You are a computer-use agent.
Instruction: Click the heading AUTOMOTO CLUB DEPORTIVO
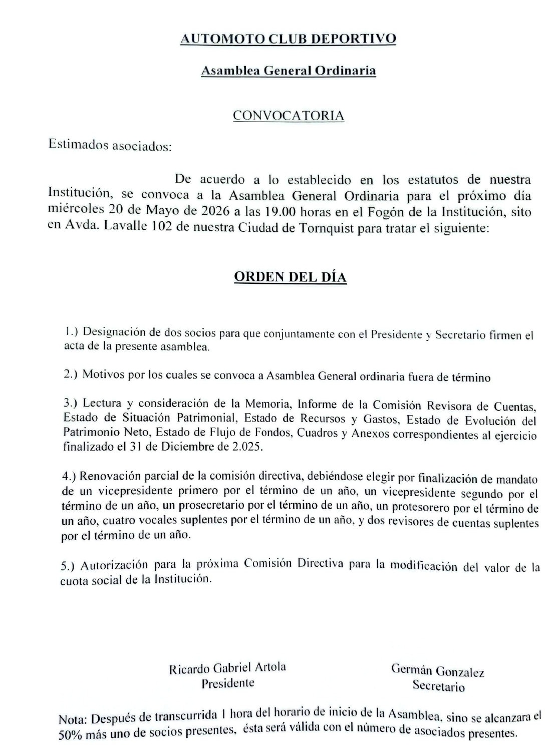click(x=288, y=39)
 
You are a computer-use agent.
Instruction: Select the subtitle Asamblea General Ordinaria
click(x=288, y=71)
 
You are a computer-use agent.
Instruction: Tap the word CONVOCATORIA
click(x=289, y=116)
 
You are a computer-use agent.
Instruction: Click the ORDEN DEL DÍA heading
click(x=291, y=277)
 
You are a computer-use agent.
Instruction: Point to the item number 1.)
click(x=73, y=331)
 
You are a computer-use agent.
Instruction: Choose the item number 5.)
click(x=70, y=566)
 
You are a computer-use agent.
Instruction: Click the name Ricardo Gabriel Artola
click(x=228, y=668)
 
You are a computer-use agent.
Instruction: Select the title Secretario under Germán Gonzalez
click(x=438, y=686)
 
